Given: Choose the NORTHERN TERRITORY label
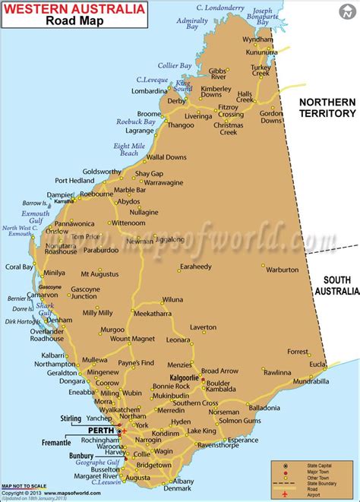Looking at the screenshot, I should tap(327, 107).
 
